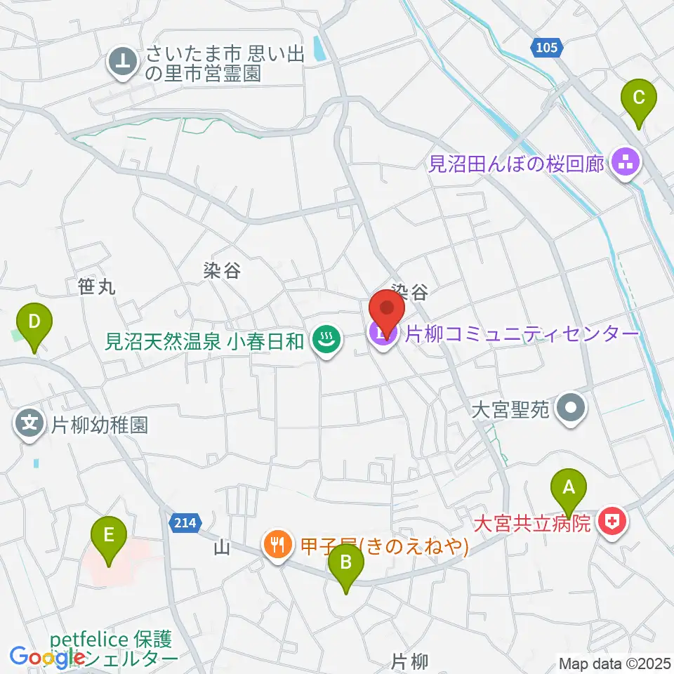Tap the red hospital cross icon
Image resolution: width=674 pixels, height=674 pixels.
(x=614, y=522)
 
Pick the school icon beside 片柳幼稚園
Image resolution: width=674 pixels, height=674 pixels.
(x=29, y=425)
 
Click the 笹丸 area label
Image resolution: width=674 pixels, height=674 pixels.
(x=97, y=286)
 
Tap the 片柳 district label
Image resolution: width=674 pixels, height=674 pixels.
(x=409, y=661)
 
